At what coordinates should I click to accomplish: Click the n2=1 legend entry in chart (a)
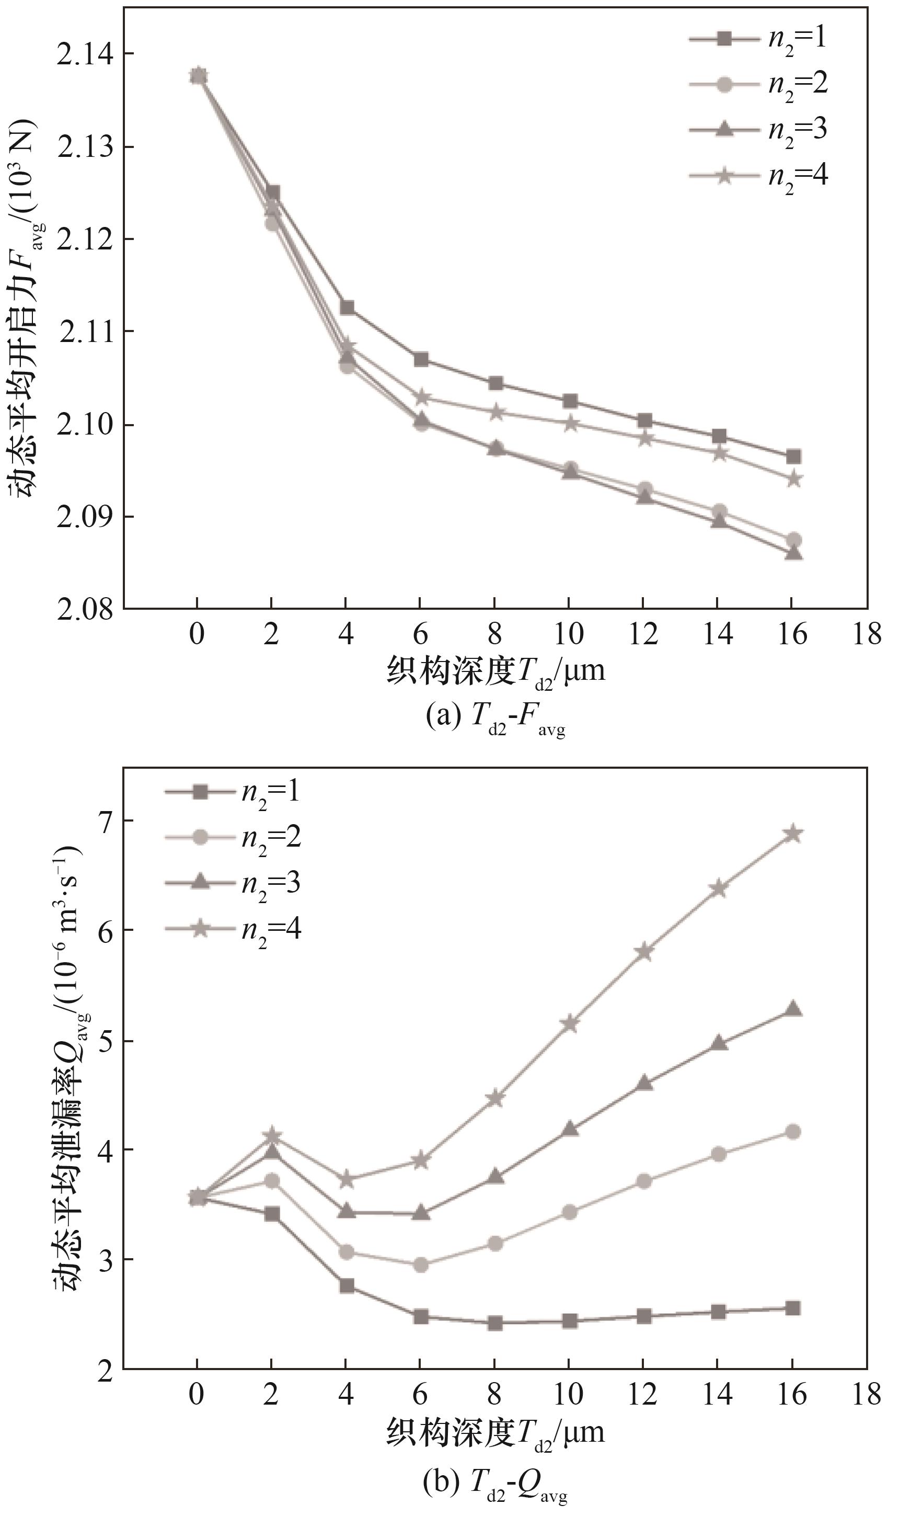[759, 39]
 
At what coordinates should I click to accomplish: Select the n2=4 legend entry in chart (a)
[759, 176]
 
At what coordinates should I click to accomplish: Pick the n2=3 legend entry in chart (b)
[233, 883]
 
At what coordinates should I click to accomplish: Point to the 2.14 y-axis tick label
[85, 54]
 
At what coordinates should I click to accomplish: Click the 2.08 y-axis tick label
[85, 610]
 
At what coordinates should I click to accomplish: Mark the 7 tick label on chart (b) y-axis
[105, 821]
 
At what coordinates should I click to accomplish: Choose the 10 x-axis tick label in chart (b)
[569, 1395]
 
